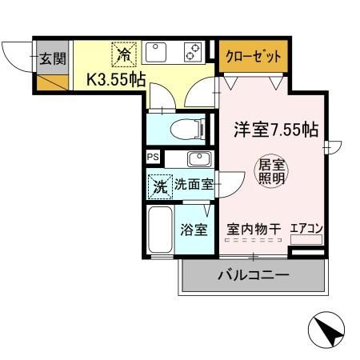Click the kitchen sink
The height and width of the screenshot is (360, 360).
(155, 54)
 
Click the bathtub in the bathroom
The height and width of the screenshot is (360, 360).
(159, 230)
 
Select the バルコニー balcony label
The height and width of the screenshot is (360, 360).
(253, 276)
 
